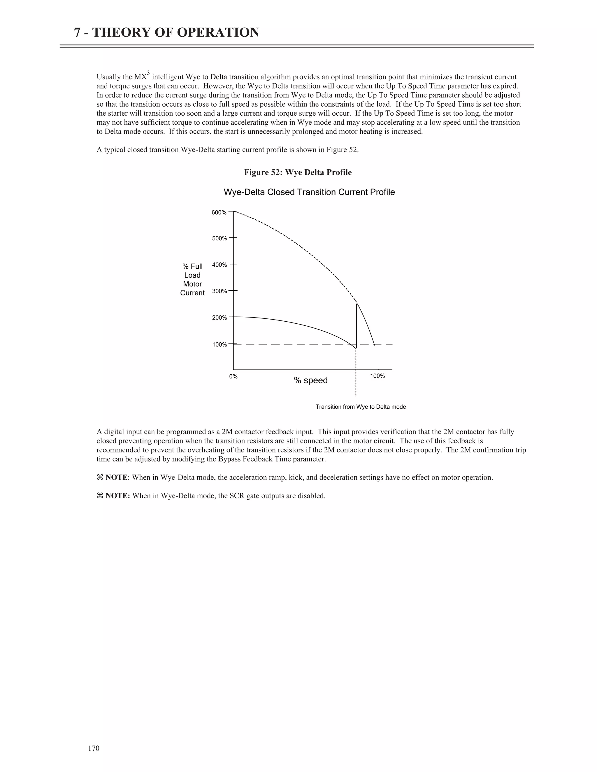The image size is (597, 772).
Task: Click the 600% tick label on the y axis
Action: tap(219, 212)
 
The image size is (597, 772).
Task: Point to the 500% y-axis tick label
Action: tap(219, 239)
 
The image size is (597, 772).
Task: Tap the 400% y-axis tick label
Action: tap(219, 265)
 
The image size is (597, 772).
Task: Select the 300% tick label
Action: tap(219, 291)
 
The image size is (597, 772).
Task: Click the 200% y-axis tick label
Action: tap(219, 318)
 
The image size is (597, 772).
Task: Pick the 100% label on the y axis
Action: tap(219, 345)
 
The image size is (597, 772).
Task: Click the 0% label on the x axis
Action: tap(233, 377)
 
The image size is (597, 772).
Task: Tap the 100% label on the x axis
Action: tap(377, 376)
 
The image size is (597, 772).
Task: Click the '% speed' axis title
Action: tap(310, 381)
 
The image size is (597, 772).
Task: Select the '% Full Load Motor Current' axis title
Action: tap(192, 280)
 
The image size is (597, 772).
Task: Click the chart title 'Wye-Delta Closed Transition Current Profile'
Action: tap(309, 192)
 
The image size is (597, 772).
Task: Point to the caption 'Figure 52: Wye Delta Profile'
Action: tap(298, 172)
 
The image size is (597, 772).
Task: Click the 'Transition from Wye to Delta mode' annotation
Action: tap(360, 407)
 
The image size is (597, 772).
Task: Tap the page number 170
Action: tap(94, 748)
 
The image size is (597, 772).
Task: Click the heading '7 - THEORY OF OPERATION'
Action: tap(166, 33)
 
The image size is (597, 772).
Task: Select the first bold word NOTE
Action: tap(116, 477)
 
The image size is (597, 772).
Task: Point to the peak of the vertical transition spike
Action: tap(357, 304)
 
